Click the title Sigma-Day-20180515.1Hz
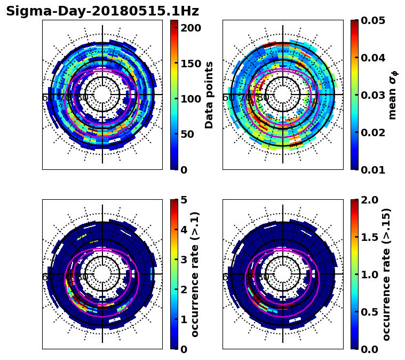[102, 11]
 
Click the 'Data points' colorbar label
[209, 95]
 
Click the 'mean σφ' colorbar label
[393, 95]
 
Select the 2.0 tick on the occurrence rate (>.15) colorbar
[369, 200]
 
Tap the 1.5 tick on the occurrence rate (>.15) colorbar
[369, 237]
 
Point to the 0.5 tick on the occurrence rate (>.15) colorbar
[369, 312]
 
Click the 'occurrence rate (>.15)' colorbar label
[386, 274]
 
